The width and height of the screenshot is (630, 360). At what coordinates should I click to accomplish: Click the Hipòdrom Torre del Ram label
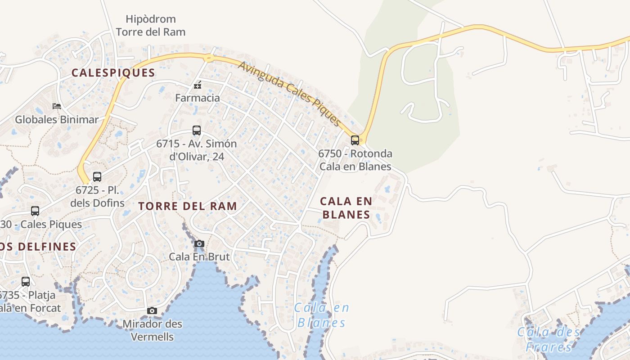click(151, 26)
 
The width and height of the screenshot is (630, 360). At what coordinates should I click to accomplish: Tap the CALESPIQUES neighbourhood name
click(113, 72)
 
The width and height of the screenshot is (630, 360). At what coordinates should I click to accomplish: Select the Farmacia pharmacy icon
click(197, 85)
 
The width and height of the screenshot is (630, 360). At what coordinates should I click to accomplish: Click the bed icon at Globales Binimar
click(57, 106)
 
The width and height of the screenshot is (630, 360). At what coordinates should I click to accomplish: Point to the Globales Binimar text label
click(57, 119)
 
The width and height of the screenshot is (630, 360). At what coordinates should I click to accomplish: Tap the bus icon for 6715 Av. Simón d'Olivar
click(197, 130)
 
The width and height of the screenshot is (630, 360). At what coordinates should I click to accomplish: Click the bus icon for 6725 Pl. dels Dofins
click(97, 176)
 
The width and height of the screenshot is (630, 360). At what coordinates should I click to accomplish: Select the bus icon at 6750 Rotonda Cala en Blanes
click(355, 140)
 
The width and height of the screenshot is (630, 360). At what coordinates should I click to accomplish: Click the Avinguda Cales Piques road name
click(290, 94)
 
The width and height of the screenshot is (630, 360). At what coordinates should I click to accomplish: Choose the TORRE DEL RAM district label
click(188, 206)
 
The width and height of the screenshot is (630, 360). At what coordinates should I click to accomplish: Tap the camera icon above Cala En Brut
click(199, 244)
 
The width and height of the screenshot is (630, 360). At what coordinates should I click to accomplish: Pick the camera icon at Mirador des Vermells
click(152, 310)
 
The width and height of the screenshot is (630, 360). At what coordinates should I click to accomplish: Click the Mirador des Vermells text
click(152, 330)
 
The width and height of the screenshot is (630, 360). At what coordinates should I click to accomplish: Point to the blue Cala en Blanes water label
click(322, 315)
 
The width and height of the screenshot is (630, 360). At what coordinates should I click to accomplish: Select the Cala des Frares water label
click(549, 339)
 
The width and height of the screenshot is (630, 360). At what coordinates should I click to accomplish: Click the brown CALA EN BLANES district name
click(346, 207)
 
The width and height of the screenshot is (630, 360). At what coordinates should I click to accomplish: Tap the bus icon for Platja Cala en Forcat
click(26, 282)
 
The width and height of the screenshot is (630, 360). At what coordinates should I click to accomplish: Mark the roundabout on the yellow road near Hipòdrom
click(208, 58)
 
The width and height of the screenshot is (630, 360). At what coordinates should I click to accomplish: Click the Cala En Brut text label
click(199, 256)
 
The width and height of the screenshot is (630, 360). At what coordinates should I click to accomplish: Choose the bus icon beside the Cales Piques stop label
click(35, 211)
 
